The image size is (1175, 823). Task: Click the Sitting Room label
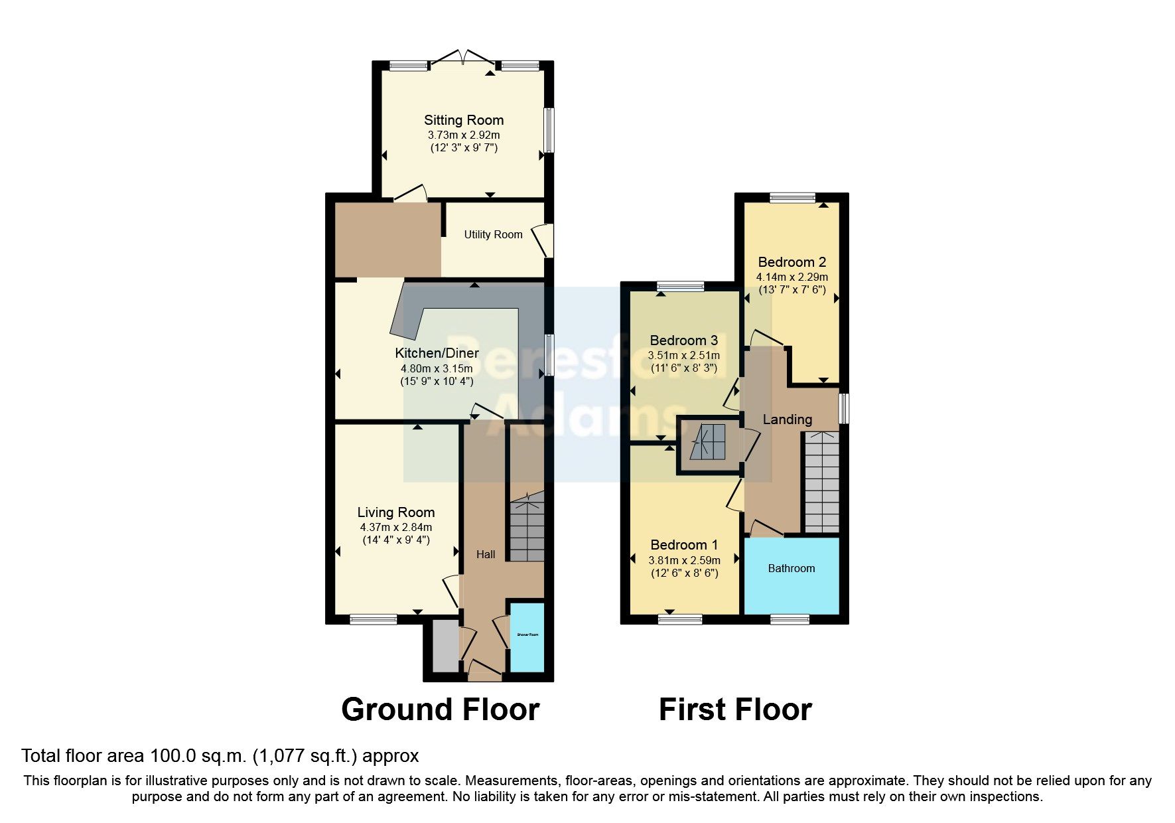click(x=464, y=120)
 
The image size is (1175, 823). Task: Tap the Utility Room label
click(x=493, y=234)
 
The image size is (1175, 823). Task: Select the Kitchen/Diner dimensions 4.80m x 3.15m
click(x=437, y=368)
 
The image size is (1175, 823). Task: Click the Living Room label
click(x=396, y=512)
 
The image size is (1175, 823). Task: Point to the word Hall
click(x=486, y=554)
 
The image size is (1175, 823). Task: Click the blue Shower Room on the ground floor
click(x=527, y=636)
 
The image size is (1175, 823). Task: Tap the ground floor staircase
click(x=527, y=531)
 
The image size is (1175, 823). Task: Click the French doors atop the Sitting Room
click(x=463, y=58)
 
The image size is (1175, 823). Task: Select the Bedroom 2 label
click(x=792, y=262)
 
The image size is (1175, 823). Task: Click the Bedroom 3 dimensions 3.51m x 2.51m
click(x=684, y=355)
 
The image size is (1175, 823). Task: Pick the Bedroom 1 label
click(x=684, y=545)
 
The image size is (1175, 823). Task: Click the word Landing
click(x=787, y=419)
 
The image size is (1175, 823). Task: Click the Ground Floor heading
click(x=440, y=709)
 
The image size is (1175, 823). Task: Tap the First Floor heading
click(x=735, y=709)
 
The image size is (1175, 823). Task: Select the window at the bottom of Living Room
click(x=374, y=619)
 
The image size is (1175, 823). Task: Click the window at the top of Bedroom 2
click(x=792, y=197)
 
